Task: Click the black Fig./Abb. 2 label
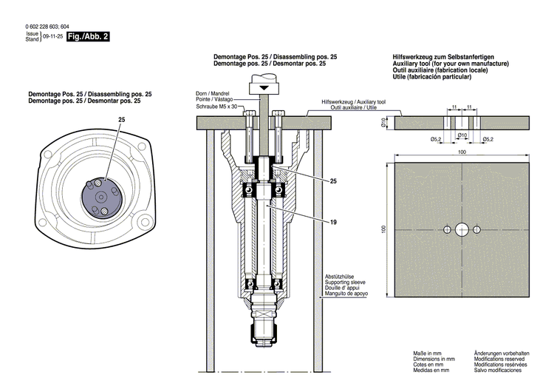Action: click(x=88, y=36)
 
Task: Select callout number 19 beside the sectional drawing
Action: click(x=334, y=221)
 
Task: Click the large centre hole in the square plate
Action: click(x=462, y=229)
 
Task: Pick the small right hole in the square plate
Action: click(x=477, y=229)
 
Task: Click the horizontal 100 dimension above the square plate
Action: click(x=462, y=152)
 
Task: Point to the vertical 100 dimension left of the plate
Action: click(x=384, y=229)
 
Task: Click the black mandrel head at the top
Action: click(x=261, y=88)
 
